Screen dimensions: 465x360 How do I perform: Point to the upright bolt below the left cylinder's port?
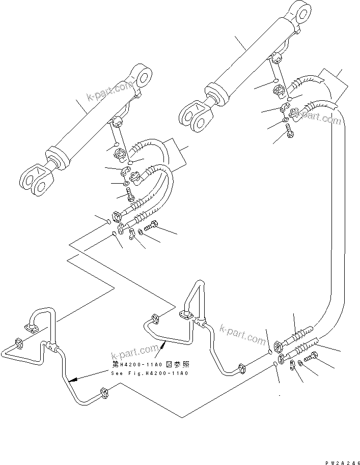coord(129,193)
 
